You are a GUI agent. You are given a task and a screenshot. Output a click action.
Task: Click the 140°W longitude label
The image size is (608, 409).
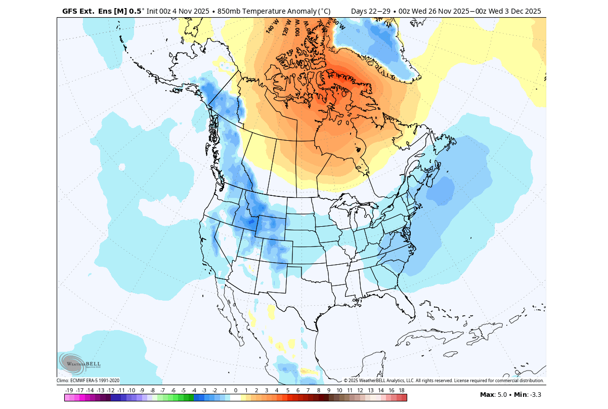pyautogui.click(x=272, y=26)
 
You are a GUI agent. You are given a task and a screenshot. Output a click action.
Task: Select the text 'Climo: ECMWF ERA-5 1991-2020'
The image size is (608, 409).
pyautogui.click(x=88, y=381)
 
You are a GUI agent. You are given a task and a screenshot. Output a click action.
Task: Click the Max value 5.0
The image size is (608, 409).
pyautogui.click(x=502, y=394)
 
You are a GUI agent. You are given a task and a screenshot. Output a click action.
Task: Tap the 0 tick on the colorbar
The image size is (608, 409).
pyautogui.click(x=236, y=390)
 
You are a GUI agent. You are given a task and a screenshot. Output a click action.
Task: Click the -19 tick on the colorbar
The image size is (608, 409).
pyautogui.click(x=69, y=390)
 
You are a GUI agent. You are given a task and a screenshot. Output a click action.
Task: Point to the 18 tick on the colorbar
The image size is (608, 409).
pyautogui.click(x=402, y=390)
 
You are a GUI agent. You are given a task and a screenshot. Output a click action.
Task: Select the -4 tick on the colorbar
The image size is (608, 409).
pyautogui.click(x=194, y=390)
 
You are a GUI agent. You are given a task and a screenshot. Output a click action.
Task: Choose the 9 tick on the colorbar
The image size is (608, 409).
pyautogui.click(x=329, y=390)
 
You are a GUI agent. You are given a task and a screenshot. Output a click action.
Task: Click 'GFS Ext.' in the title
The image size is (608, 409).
pyautogui.click(x=78, y=11)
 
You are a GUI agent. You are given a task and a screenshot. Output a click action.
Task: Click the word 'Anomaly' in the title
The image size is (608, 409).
pyautogui.click(x=286, y=11)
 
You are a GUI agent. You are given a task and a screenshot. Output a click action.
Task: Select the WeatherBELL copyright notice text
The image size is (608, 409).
pyautogui.click(x=444, y=381)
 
